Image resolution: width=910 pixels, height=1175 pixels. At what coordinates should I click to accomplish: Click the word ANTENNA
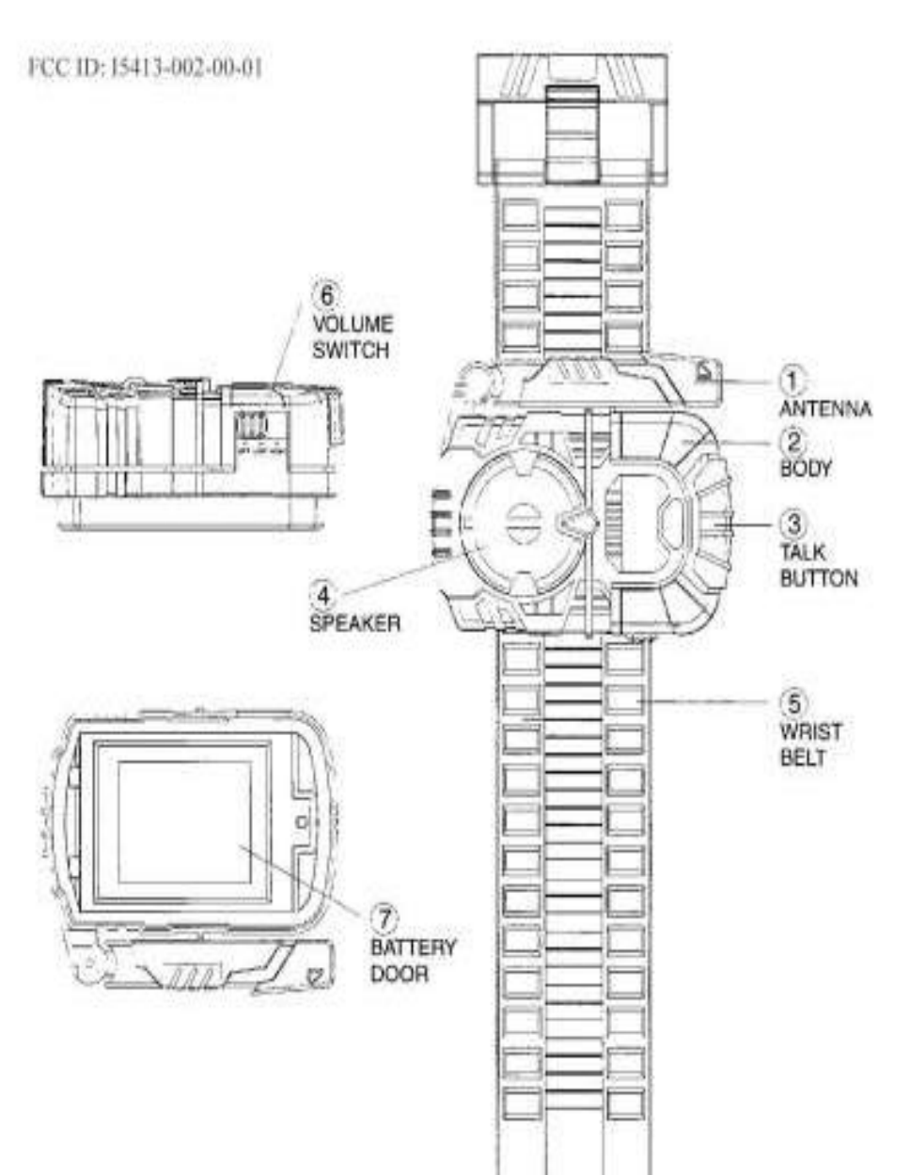click(x=824, y=409)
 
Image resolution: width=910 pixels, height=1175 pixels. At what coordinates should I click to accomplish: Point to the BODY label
click(x=806, y=468)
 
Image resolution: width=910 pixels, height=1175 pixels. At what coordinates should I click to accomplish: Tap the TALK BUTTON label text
click(x=818, y=564)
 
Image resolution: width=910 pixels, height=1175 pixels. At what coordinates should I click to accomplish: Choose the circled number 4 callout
click(x=322, y=594)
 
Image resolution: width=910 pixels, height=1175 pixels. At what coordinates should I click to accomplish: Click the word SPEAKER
click(x=354, y=622)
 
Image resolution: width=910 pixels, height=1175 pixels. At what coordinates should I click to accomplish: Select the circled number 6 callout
click(x=326, y=295)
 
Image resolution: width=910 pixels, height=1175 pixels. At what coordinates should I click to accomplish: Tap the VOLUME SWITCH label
click(x=353, y=337)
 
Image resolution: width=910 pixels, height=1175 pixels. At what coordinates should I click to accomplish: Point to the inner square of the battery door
click(x=184, y=821)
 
